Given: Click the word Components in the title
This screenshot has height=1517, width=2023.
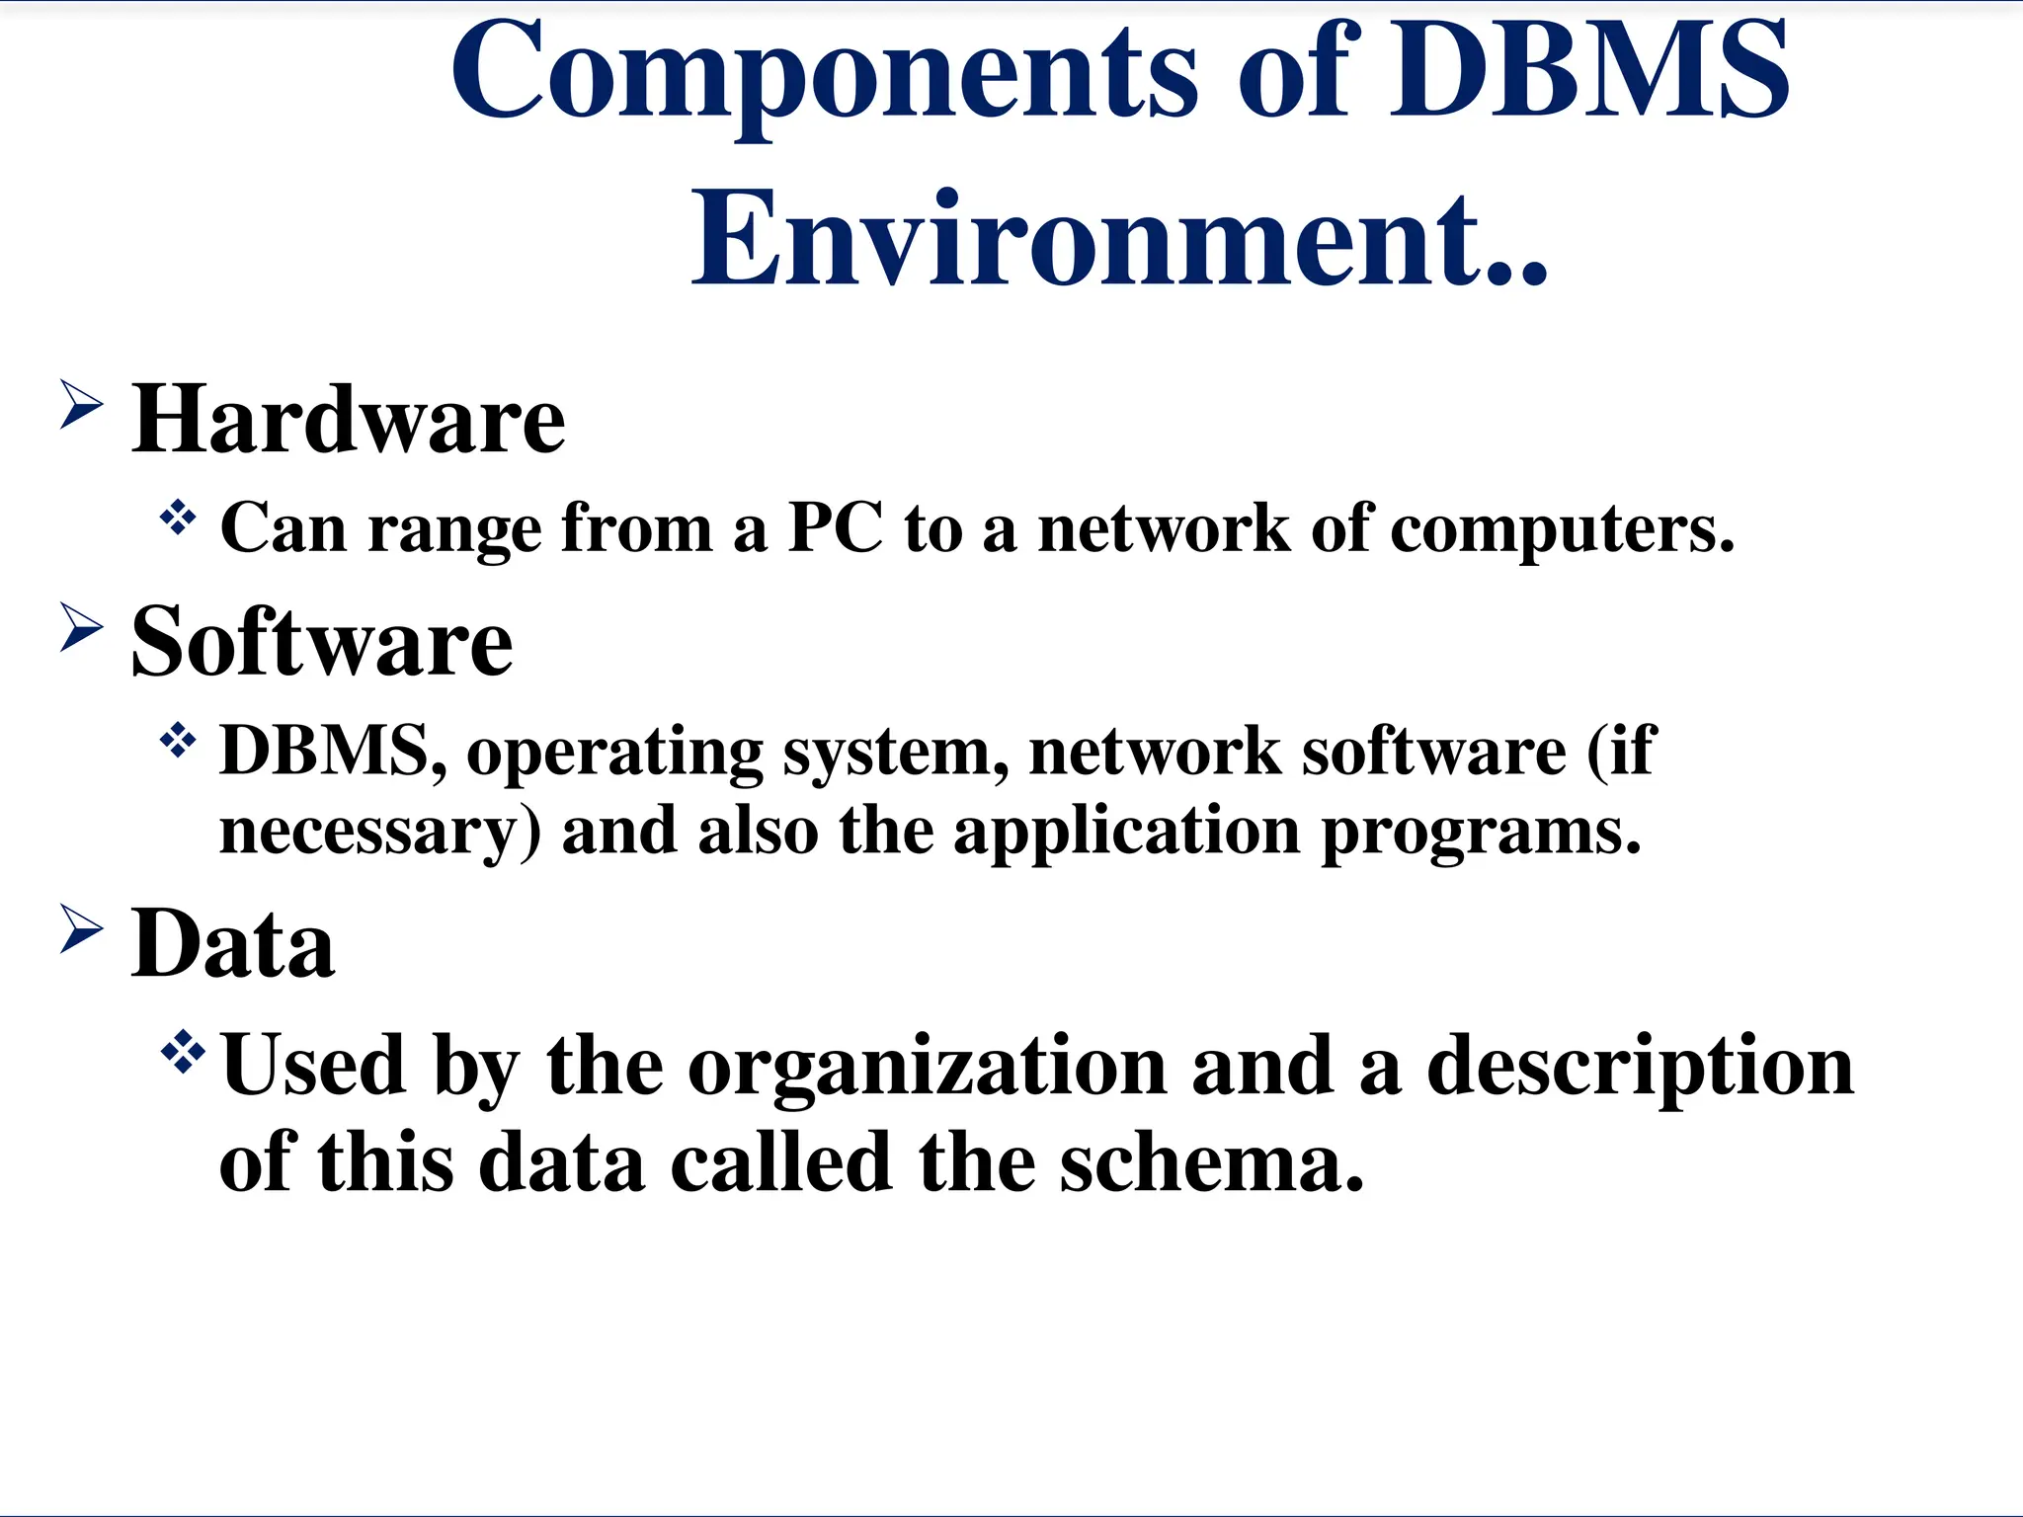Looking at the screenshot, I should tap(825, 74).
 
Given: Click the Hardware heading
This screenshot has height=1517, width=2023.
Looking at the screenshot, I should tap(349, 421).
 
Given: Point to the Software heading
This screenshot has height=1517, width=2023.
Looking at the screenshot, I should tap(322, 643).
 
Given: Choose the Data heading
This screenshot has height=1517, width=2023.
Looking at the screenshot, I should tap(233, 944).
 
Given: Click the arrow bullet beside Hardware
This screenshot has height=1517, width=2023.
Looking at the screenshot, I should tap(81, 405).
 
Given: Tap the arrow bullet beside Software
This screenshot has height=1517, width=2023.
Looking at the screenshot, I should tap(81, 627).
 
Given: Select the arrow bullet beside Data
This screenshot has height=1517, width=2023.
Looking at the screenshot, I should tap(81, 928).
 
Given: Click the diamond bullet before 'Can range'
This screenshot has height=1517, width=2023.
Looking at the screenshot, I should tap(178, 517).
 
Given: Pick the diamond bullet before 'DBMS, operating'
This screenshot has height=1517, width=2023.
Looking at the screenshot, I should tap(178, 740).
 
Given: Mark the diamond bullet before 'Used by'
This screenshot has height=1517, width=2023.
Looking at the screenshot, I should tap(183, 1052).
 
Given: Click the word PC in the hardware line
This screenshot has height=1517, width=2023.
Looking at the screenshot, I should tap(835, 528).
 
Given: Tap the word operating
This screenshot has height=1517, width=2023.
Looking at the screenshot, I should tap(614, 754).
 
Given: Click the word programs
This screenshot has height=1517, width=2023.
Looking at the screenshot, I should tap(1481, 833).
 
